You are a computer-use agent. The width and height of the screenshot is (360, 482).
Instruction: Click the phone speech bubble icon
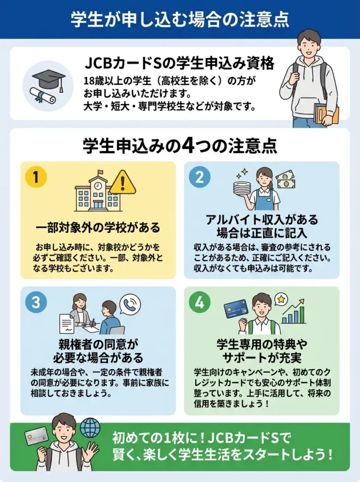tap(130, 305)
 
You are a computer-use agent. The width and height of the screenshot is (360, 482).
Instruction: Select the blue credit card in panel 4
tap(236, 309)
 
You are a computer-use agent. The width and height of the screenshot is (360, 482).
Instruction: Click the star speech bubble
tap(281, 299)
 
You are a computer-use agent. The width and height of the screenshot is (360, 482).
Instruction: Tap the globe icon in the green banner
tap(90, 428)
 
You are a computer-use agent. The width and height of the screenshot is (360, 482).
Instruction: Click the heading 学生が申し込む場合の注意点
tap(180, 19)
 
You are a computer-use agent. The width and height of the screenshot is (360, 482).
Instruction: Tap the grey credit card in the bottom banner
tap(36, 436)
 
